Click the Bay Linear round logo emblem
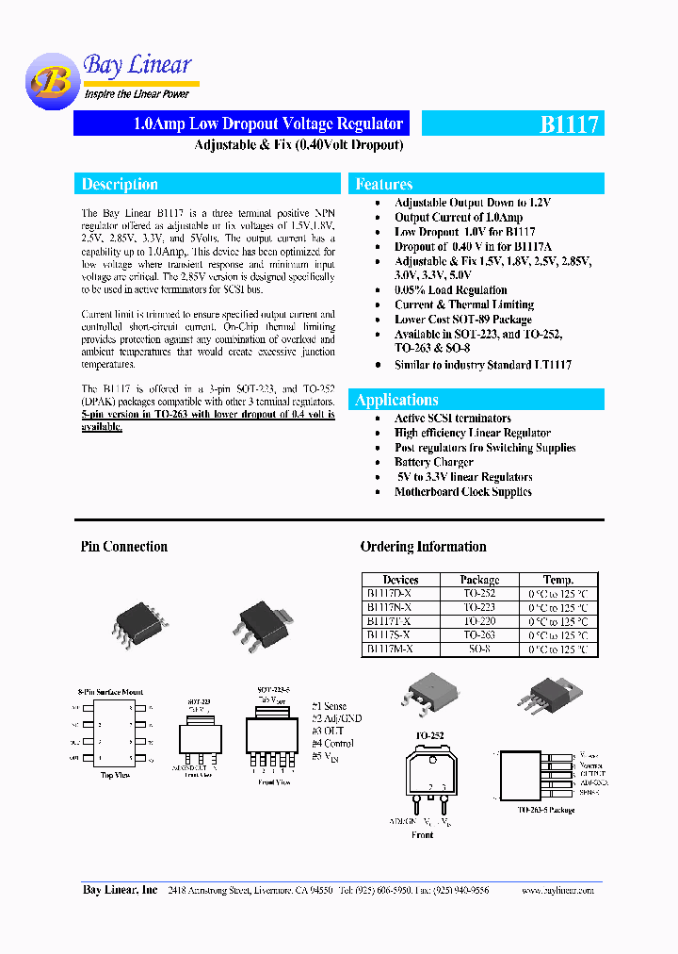click(51, 83)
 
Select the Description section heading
click(120, 185)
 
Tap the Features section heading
click(384, 185)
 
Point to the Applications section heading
click(396, 400)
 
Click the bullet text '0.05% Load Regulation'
click(450, 290)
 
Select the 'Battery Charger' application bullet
click(433, 462)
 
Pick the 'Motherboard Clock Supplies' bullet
click(462, 491)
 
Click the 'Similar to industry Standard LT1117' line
click(482, 364)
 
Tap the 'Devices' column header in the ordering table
click(400, 580)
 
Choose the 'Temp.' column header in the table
click(557, 580)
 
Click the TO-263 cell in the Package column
click(479, 635)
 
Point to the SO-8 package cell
click(479, 650)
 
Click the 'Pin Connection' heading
click(124, 547)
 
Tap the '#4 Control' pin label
click(333, 744)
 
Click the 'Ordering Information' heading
click(423, 547)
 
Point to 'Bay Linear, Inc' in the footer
click(120, 890)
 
